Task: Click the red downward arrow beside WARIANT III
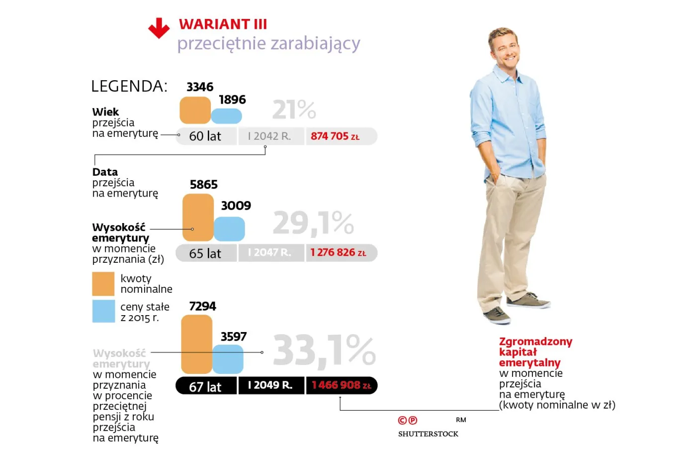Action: click(x=159, y=28)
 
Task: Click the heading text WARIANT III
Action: click(x=223, y=24)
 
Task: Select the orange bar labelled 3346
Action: click(x=195, y=110)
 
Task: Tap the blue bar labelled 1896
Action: click(x=226, y=116)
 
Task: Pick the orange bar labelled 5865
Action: click(x=198, y=218)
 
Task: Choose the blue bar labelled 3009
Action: click(x=229, y=229)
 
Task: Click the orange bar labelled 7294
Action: click(x=196, y=344)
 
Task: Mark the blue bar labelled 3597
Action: click(x=228, y=359)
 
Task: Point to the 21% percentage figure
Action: click(x=294, y=110)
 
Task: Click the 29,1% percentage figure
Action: click(x=313, y=223)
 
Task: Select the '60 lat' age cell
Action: click(x=205, y=136)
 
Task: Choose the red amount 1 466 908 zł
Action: click(x=342, y=385)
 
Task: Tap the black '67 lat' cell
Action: click(x=205, y=386)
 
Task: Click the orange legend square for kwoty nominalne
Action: click(x=103, y=284)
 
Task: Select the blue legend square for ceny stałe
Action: click(x=103, y=311)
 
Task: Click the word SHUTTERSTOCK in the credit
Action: click(x=428, y=434)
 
